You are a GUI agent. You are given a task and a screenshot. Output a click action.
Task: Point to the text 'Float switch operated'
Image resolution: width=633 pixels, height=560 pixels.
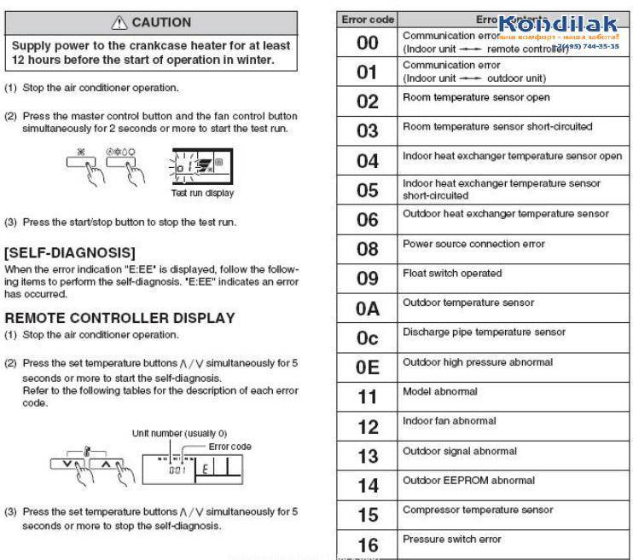(451, 274)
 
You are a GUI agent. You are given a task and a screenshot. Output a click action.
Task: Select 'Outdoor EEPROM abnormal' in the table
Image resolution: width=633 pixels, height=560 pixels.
(457, 481)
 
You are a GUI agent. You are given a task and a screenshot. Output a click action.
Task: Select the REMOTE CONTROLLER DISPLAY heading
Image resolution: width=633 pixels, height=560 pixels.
(119, 318)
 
